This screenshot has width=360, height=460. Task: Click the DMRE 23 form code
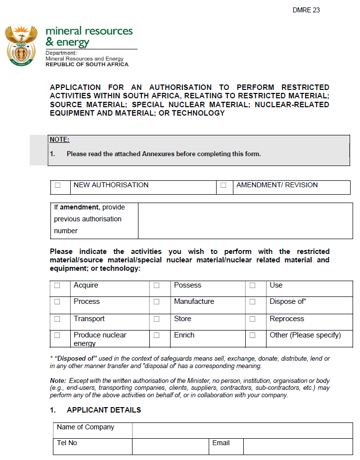[306, 10]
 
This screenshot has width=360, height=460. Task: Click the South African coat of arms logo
[21, 46]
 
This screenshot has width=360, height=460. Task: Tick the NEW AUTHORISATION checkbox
[58, 185]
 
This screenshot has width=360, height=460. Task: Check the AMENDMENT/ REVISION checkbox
[224, 185]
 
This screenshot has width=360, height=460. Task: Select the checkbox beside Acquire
[57, 286]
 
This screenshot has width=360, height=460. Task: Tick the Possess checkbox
[157, 286]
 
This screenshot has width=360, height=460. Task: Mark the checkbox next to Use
[253, 286]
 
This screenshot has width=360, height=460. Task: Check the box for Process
[57, 302]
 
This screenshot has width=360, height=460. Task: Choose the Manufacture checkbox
[157, 302]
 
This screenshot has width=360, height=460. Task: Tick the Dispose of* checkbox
[253, 302]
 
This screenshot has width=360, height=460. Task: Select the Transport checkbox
[57, 319]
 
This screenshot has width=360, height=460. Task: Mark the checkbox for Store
[157, 319]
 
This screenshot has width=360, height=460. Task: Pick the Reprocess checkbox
[253, 319]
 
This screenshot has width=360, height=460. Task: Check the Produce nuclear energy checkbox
[57, 335]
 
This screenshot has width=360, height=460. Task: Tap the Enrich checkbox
[157, 335]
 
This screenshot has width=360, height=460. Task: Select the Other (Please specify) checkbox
[253, 335]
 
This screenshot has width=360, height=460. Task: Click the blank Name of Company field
[242, 430]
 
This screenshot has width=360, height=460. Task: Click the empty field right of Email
[298, 446]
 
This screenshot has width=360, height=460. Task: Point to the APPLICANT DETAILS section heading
[103, 410]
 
